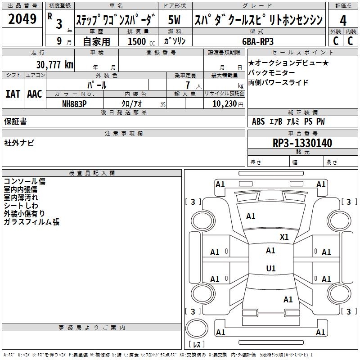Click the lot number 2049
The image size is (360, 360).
click(22, 19)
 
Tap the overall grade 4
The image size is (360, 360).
click(343, 21)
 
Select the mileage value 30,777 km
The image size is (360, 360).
click(54, 65)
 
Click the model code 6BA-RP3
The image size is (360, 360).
click(258, 41)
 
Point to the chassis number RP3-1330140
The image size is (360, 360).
click(302, 143)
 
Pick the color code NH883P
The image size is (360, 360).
click(74, 104)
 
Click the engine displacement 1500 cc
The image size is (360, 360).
click(141, 41)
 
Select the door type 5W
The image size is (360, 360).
click(174, 20)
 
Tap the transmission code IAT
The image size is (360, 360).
click(13, 94)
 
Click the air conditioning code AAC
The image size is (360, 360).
click(35, 94)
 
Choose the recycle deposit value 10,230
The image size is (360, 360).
click(225, 104)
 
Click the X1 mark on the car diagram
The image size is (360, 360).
click(284, 237)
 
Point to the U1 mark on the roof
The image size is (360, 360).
click(271, 268)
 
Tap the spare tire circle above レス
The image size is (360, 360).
click(197, 328)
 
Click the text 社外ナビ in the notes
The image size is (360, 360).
click(19, 143)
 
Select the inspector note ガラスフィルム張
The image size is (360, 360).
click(31, 222)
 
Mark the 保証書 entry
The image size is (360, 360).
click(15, 121)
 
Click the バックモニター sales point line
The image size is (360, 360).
click(272, 73)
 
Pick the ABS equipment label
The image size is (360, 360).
click(258, 121)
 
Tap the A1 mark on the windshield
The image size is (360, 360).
click(251, 216)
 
